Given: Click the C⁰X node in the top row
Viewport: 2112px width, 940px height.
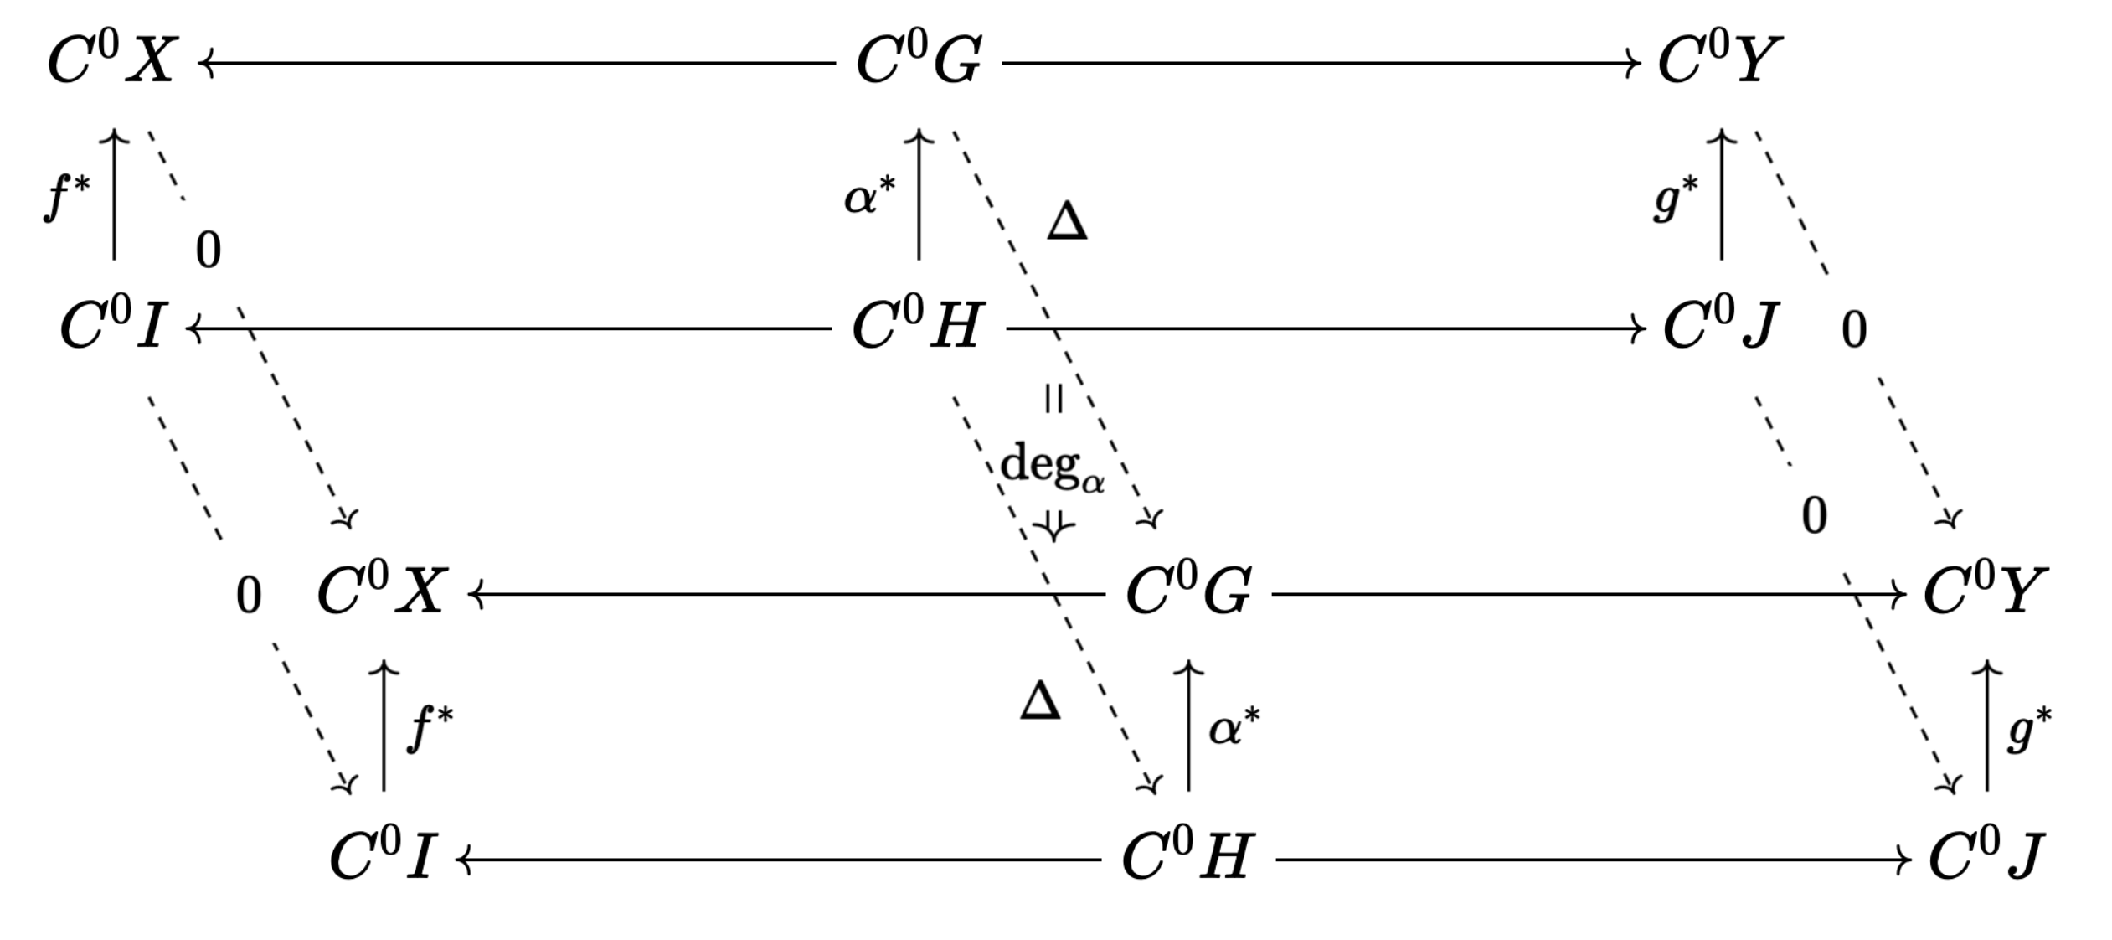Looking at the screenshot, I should [112, 62].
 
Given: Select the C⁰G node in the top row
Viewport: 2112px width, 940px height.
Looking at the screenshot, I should [919, 62].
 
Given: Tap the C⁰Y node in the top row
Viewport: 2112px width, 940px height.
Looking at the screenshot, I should [1720, 62].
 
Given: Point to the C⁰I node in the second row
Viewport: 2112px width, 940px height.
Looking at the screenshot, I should [112, 327].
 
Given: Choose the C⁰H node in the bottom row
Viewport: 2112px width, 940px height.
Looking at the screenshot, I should [1187, 858].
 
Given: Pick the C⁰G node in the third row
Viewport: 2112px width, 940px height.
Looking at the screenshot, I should [1188, 592].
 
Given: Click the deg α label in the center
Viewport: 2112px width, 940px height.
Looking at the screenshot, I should [1053, 466].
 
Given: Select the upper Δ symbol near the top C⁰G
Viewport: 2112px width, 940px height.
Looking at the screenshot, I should [1067, 223].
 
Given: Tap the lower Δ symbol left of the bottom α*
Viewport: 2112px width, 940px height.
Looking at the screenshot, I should [1040, 701].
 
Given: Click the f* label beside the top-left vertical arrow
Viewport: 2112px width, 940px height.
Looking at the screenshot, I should [66, 198].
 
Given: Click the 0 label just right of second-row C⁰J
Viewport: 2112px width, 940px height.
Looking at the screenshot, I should [1854, 330].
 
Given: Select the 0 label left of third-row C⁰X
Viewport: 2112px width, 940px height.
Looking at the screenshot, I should [248, 597].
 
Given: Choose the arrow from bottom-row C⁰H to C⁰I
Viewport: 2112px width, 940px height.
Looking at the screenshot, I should [779, 860].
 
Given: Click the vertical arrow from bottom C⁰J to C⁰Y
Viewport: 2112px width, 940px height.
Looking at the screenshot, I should [1987, 726].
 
